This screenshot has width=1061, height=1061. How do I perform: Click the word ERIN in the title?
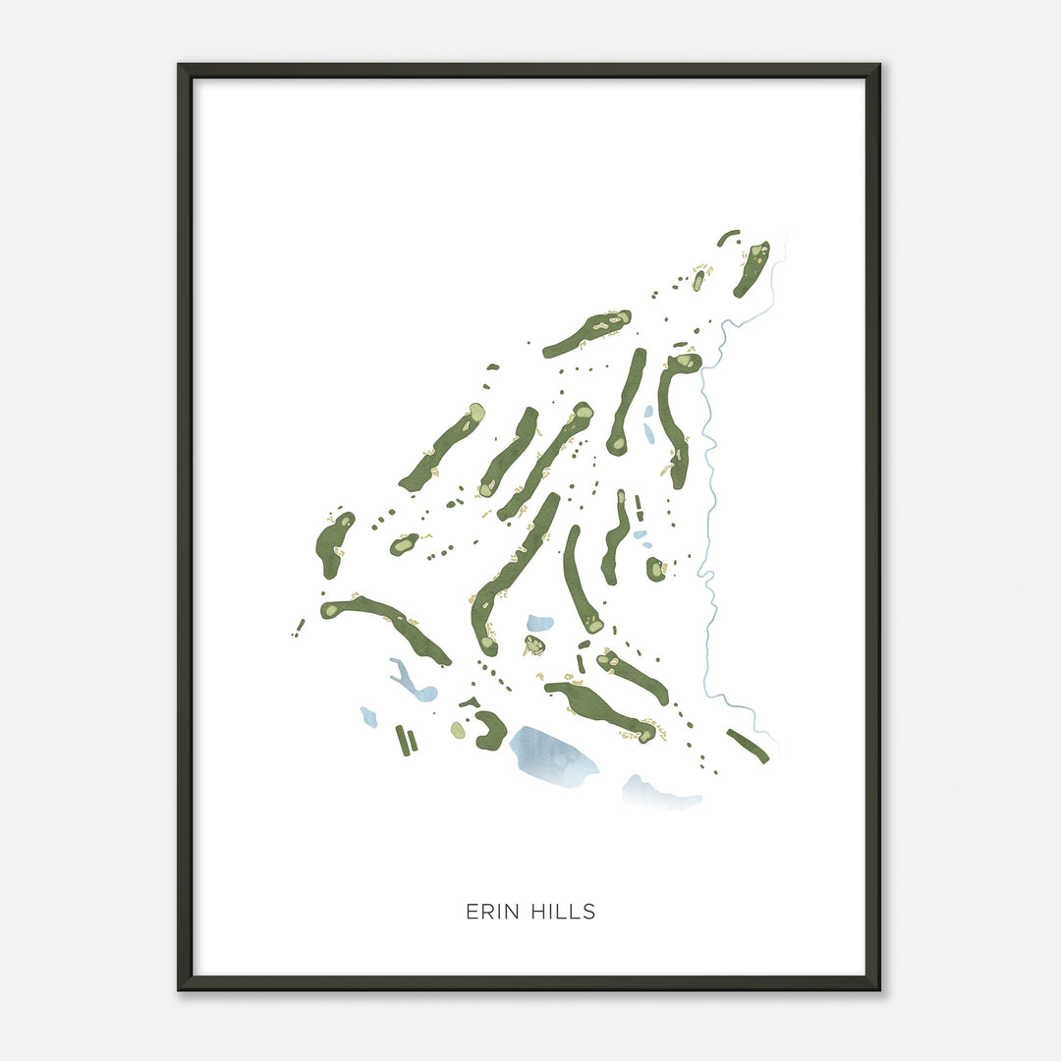[x=488, y=912]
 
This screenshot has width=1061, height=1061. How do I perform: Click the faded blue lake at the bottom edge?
[x=660, y=794]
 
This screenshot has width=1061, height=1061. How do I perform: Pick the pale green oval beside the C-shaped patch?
[x=458, y=729]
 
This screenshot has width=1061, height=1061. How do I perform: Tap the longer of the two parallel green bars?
[x=402, y=740]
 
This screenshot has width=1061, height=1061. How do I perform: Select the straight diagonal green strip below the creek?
[x=748, y=746]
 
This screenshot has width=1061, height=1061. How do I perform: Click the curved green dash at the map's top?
[x=728, y=237]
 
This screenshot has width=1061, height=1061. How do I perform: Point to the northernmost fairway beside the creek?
[x=752, y=268]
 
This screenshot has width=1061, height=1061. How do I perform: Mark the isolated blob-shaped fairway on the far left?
[x=333, y=542]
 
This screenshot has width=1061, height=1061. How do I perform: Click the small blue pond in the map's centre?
[x=539, y=623]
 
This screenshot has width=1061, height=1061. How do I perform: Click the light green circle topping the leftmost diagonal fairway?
[x=476, y=413]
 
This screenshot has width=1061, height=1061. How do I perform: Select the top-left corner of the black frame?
[x=181, y=67]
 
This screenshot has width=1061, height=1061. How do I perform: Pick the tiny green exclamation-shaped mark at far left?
[x=299, y=627]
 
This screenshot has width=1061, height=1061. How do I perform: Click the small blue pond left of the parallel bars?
[x=368, y=716]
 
